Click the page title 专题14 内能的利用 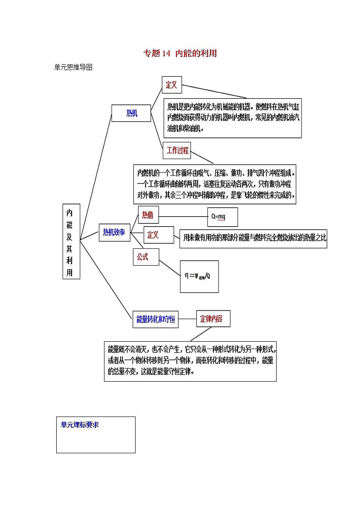(x=180, y=53)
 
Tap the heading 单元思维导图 (x=73, y=67)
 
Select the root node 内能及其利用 (x=71, y=241)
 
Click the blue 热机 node (x=131, y=113)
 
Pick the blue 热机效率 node (x=114, y=233)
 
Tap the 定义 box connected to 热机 (x=171, y=85)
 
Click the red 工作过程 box (x=177, y=150)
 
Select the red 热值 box (x=148, y=215)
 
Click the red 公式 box (x=143, y=257)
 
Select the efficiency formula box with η (x=199, y=276)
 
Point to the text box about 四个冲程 (x=215, y=184)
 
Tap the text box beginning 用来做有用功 (x=253, y=238)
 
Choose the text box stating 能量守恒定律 (x=190, y=361)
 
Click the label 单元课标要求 (x=80, y=425)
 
